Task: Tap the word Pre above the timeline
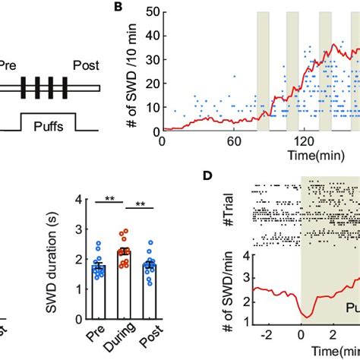click(10, 66)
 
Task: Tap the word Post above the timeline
click(87, 66)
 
